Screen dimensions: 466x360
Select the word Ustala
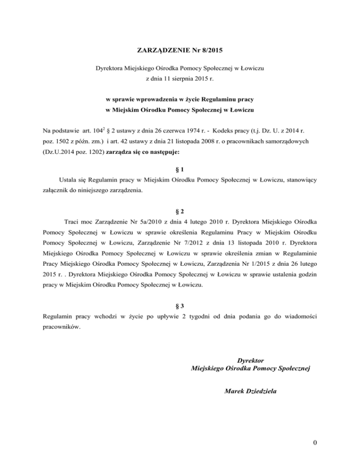click(69, 179)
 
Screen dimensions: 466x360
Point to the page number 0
click(318, 449)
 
